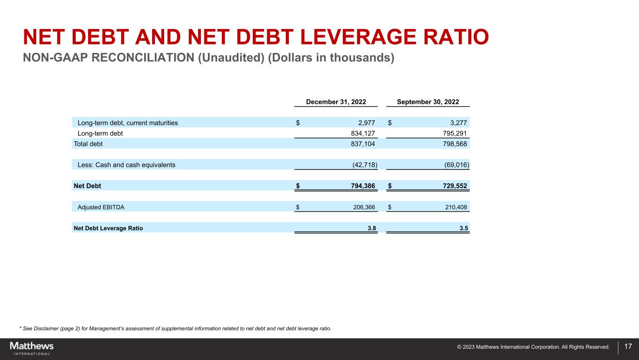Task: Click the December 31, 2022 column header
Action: pyautogui.click(x=336, y=102)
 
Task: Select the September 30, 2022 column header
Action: pyautogui.click(x=428, y=102)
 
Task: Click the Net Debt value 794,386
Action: pyautogui.click(x=362, y=186)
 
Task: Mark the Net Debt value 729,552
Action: pyautogui.click(x=454, y=186)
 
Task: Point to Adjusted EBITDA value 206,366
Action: pyautogui.click(x=364, y=206)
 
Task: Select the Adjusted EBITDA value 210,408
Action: pyautogui.click(x=456, y=206)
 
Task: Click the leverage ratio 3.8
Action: pyautogui.click(x=372, y=228)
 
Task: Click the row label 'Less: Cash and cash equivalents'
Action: pyautogui.click(x=126, y=165)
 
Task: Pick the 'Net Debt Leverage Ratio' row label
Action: pyautogui.click(x=108, y=228)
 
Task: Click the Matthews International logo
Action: pyautogui.click(x=32, y=348)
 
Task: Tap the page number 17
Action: pyautogui.click(x=628, y=347)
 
